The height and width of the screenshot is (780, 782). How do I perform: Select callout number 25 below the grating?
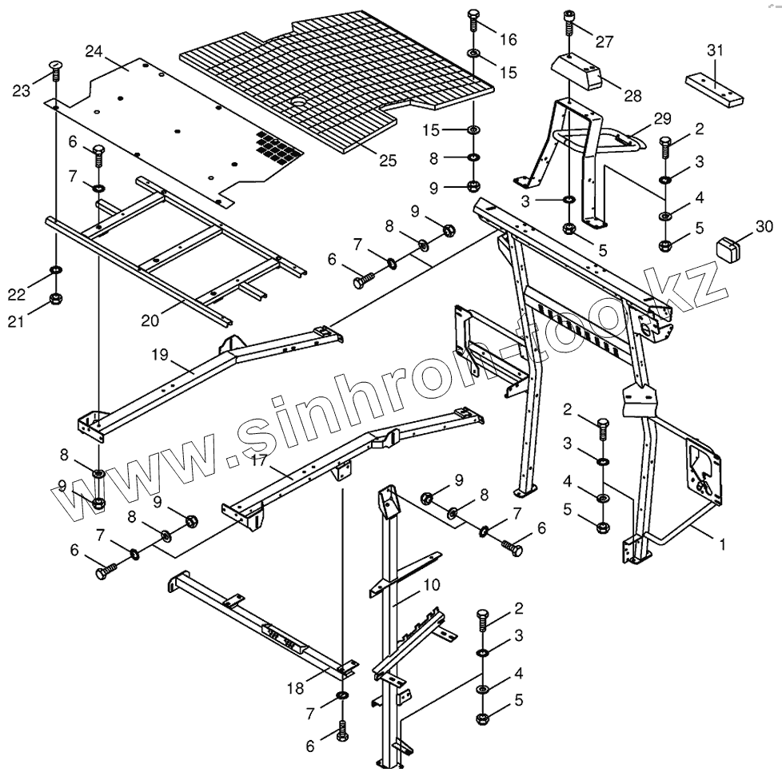[x=387, y=160]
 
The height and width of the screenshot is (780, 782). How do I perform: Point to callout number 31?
[x=715, y=50]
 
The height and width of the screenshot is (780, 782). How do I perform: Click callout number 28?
[x=633, y=96]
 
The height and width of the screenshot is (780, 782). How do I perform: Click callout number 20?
[x=150, y=320]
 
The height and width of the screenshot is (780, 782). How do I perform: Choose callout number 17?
[x=258, y=461]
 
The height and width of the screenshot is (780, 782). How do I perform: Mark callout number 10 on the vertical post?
[x=431, y=585]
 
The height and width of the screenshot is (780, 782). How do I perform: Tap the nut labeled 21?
[x=56, y=300]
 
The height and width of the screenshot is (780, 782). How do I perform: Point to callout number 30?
[x=764, y=225]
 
